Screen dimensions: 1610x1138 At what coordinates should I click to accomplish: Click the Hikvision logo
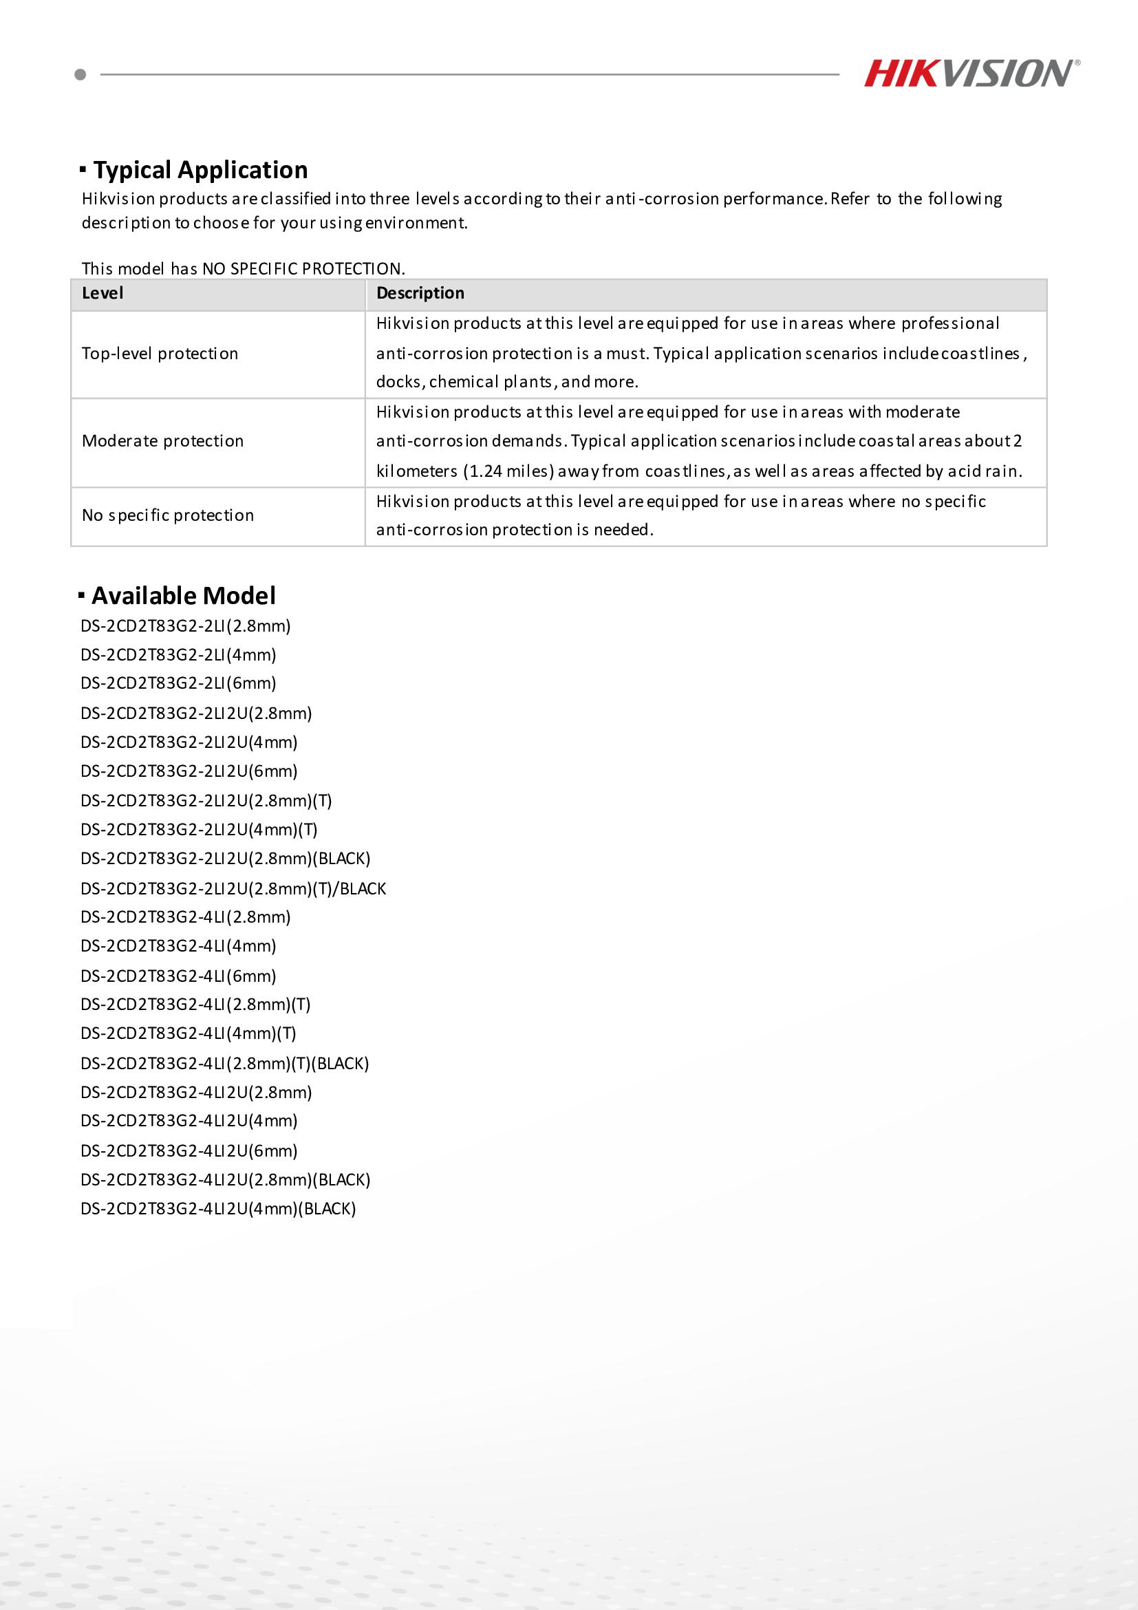pyautogui.click(x=971, y=74)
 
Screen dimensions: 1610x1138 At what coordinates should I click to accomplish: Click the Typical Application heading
pyautogui.click(x=200, y=170)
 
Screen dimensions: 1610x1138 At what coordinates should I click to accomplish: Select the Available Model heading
pyautogui.click(x=183, y=595)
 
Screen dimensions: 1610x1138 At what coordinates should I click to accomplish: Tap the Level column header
pyautogui.click(x=103, y=293)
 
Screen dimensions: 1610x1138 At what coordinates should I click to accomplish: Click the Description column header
pyautogui.click(x=420, y=293)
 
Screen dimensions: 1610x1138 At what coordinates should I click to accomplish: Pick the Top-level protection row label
pyautogui.click(x=160, y=354)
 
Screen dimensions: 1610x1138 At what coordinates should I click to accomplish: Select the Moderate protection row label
pyautogui.click(x=162, y=441)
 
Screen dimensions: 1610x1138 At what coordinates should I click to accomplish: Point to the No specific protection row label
pyautogui.click(x=168, y=515)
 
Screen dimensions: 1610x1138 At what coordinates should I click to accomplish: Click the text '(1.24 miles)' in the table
pyautogui.click(x=508, y=471)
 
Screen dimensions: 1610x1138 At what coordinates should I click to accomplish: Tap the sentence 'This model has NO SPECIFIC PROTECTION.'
pyautogui.click(x=244, y=268)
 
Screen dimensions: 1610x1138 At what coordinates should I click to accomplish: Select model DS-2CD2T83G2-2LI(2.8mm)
pyautogui.click(x=185, y=625)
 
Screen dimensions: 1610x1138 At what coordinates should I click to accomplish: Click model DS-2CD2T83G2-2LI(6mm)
pyautogui.click(x=178, y=683)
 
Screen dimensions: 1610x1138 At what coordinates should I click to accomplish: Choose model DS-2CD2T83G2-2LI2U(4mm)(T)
pyautogui.click(x=199, y=830)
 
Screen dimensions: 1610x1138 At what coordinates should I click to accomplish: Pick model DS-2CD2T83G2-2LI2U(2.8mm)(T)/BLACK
pyautogui.click(x=233, y=888)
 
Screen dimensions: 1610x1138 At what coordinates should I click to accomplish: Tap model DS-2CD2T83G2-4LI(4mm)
pyautogui.click(x=178, y=946)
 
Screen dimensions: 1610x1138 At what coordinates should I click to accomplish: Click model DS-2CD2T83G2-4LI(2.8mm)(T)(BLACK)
pyautogui.click(x=224, y=1063)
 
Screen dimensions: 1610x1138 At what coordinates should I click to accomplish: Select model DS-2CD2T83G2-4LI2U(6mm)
pyautogui.click(x=189, y=1150)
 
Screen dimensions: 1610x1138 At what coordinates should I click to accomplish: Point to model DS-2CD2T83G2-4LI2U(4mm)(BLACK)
pyautogui.click(x=218, y=1209)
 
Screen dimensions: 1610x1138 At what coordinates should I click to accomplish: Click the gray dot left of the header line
pyautogui.click(x=80, y=74)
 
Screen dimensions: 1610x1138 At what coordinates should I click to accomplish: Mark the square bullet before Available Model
pyautogui.click(x=81, y=596)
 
